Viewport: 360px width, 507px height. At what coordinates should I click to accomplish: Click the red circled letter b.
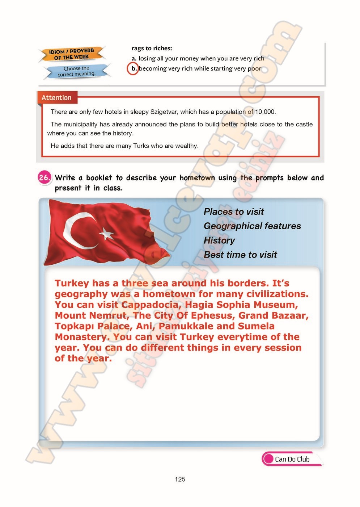tap(133, 68)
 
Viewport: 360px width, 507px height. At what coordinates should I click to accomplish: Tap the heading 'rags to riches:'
tap(152, 48)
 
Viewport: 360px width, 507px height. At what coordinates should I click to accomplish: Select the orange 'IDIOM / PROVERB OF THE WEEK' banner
tap(72, 54)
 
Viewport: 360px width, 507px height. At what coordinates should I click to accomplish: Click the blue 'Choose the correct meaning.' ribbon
tap(76, 71)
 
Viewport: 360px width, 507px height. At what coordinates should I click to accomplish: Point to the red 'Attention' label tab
tap(56, 98)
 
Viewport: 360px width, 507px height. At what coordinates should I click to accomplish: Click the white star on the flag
tap(106, 234)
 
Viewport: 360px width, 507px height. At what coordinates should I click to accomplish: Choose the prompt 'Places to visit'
tap(234, 211)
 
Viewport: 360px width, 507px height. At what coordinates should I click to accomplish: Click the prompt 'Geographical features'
tap(252, 226)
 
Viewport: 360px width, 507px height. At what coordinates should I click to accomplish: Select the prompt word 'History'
tap(219, 240)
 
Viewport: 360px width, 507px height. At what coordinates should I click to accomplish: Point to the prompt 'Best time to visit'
tap(240, 255)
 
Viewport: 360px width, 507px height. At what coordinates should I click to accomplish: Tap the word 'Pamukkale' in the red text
tap(186, 326)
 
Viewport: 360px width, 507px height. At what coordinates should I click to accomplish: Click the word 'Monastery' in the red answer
tap(81, 337)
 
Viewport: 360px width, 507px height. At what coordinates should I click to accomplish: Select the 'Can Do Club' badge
tap(291, 459)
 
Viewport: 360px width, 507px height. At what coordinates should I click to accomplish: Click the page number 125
tap(180, 479)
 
